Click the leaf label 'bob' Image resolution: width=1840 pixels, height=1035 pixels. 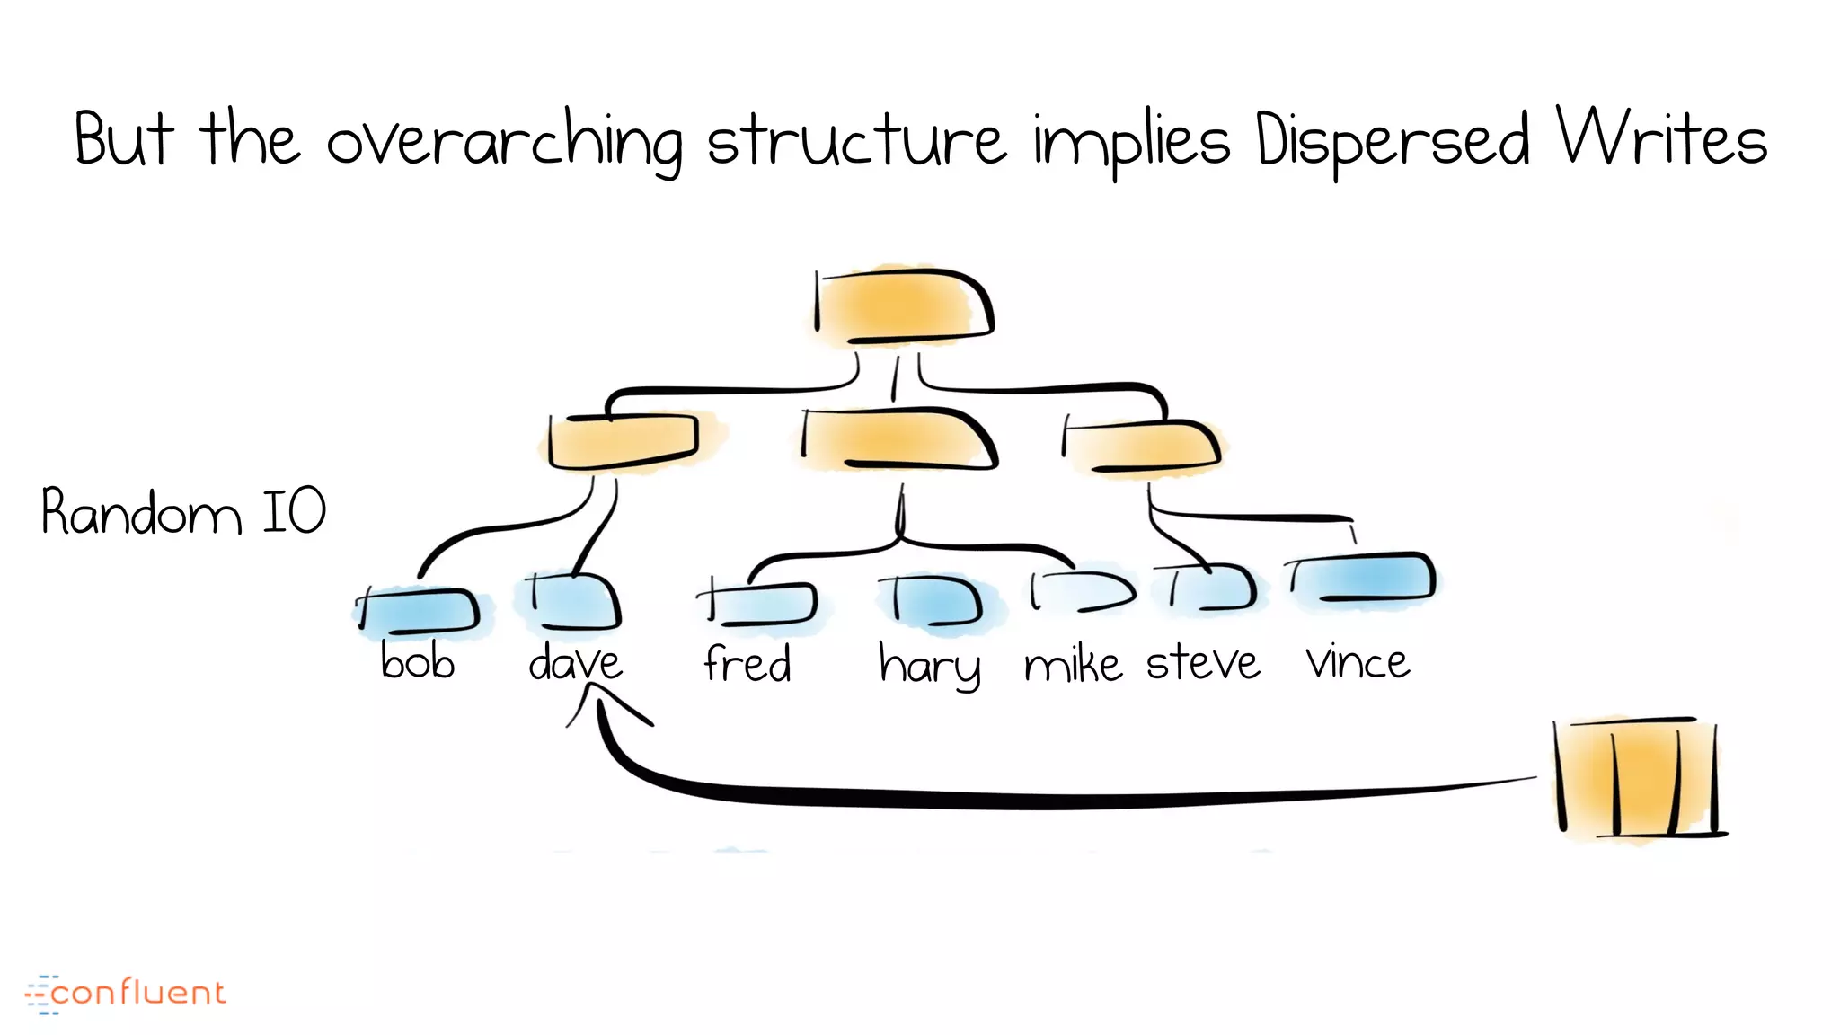click(x=418, y=662)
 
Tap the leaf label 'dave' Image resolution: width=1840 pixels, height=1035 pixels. click(x=575, y=663)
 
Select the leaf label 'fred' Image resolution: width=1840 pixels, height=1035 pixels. click(x=747, y=664)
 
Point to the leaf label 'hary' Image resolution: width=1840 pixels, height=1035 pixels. click(x=929, y=666)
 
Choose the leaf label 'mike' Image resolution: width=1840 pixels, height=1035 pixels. click(x=1073, y=664)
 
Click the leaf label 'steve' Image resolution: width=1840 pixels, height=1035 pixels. click(x=1203, y=663)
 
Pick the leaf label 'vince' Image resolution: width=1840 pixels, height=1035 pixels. click(x=1358, y=662)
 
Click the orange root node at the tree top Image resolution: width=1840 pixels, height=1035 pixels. click(x=903, y=306)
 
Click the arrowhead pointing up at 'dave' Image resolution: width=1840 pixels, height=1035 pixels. click(x=597, y=696)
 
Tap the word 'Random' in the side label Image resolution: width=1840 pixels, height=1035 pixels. click(x=141, y=512)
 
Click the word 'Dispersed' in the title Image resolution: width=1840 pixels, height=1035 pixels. click(x=1392, y=142)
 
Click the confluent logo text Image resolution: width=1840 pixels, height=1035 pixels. click(x=137, y=993)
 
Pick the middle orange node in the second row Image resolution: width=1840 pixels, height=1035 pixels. click(x=898, y=440)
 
